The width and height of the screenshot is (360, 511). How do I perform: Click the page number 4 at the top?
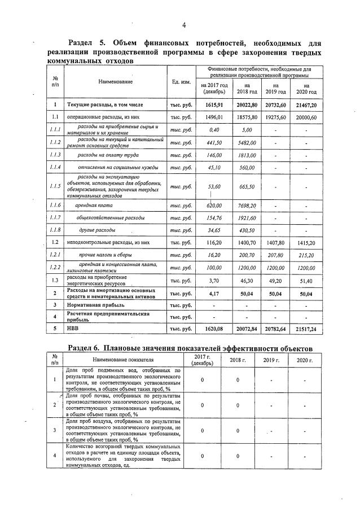click(x=184, y=25)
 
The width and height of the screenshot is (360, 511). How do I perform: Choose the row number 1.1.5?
click(x=55, y=187)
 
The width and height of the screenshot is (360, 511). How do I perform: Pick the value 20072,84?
click(x=247, y=327)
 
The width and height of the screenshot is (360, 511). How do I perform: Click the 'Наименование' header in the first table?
click(x=116, y=82)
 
